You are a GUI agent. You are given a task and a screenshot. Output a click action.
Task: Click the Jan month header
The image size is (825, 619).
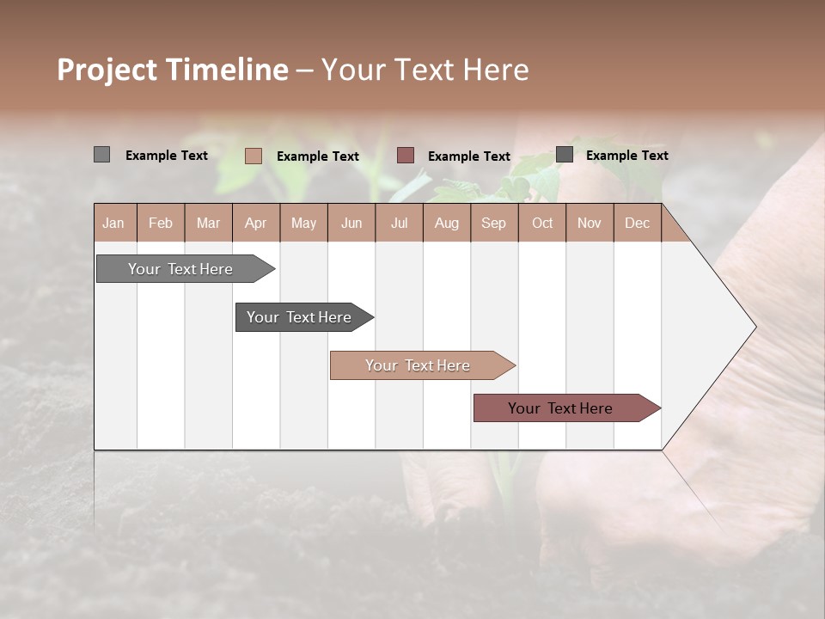(113, 224)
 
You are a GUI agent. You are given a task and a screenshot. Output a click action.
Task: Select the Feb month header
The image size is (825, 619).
(161, 224)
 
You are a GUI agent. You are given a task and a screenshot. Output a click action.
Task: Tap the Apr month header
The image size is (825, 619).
(255, 224)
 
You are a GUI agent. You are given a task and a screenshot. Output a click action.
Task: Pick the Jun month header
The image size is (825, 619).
(351, 224)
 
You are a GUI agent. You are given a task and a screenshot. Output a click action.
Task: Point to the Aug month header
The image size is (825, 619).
(446, 224)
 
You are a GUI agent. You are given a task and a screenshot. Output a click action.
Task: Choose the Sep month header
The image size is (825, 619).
(493, 224)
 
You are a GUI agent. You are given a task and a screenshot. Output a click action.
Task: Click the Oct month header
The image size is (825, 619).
(542, 224)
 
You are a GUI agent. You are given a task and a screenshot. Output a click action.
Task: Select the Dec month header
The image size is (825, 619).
(637, 224)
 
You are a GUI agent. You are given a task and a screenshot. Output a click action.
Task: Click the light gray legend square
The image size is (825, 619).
(101, 155)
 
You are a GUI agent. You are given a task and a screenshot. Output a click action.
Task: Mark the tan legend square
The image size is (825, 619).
(253, 156)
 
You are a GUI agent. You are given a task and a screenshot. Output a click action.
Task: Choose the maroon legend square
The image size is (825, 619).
(406, 156)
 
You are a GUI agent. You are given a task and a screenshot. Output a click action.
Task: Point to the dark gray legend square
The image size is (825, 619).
(564, 155)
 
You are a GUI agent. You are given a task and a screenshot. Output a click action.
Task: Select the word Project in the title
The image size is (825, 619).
(107, 70)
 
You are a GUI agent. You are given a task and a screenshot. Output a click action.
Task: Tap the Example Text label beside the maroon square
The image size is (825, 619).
(468, 156)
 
